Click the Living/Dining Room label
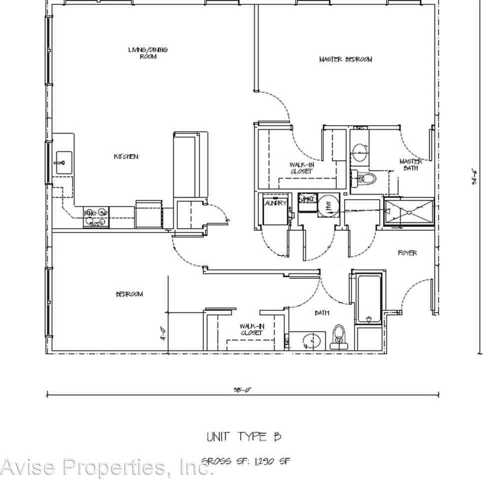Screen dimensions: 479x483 click(148, 53)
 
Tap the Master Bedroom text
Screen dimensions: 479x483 click(345, 59)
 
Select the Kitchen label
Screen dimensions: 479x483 click(126, 157)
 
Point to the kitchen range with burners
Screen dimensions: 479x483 click(96, 218)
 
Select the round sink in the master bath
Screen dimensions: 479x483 click(359, 152)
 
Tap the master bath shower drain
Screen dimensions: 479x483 click(409, 212)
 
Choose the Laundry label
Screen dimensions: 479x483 click(275, 203)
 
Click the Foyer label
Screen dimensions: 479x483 click(407, 253)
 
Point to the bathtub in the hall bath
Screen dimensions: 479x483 click(369, 298)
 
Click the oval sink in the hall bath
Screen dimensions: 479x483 click(310, 341)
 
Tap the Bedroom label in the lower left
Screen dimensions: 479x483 click(129, 294)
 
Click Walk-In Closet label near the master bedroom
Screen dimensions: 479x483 click(301, 168)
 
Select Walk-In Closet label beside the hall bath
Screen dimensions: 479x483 click(251, 329)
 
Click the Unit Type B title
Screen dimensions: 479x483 click(244, 437)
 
